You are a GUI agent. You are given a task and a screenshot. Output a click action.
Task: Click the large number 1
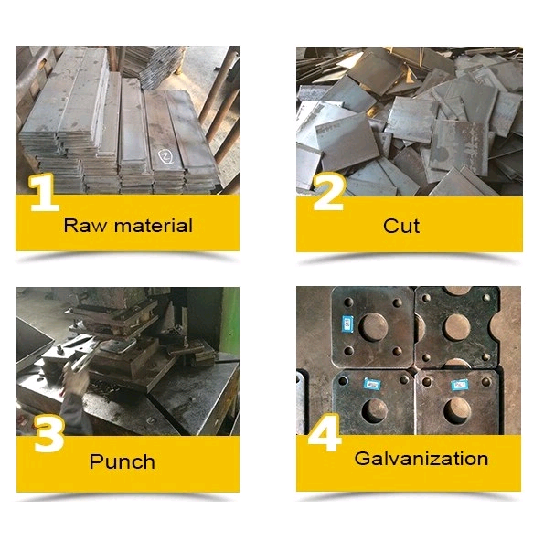point(44,193)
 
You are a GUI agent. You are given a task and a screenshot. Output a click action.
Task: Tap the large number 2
point(328,191)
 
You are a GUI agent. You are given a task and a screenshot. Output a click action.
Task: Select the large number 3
point(49,433)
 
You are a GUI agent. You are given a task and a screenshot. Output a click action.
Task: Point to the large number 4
point(325,433)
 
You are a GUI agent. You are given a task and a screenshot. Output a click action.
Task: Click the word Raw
point(85,226)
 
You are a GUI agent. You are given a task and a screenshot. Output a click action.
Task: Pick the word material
point(154,226)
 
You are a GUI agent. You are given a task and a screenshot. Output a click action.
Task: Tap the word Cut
point(401,226)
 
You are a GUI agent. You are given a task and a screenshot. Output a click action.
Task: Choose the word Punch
point(123,461)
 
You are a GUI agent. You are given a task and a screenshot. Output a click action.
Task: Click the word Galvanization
point(421,459)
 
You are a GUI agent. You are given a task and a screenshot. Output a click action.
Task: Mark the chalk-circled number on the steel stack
point(165,156)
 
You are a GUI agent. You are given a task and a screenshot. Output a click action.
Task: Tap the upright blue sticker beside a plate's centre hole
point(347,324)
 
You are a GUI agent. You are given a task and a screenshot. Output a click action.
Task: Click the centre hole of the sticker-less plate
point(457,327)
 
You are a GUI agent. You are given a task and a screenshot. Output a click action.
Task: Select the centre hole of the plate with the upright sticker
point(374,327)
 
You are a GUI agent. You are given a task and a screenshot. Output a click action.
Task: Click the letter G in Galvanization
point(363,459)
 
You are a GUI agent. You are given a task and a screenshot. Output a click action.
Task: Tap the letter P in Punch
point(96,461)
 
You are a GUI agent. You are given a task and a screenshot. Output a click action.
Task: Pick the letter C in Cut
point(390,226)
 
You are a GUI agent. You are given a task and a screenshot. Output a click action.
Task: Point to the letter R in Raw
point(70,226)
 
